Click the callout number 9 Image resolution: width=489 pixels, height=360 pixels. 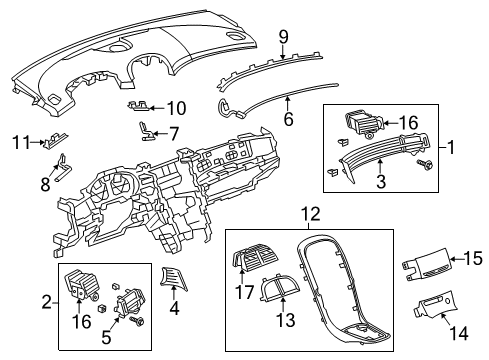[283, 37]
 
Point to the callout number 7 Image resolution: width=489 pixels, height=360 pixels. [174, 133]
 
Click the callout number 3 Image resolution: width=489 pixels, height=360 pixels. [380, 181]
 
